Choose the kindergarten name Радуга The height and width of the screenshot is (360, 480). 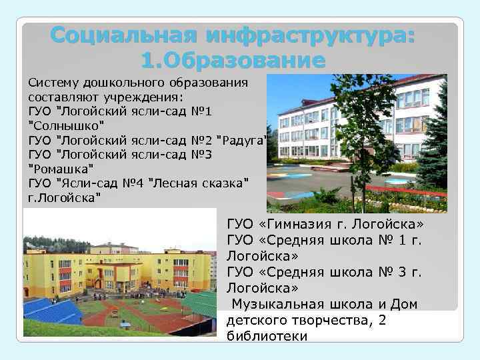[243, 139]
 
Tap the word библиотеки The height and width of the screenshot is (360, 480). [267, 336]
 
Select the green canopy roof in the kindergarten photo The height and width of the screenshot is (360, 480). [201, 303]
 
